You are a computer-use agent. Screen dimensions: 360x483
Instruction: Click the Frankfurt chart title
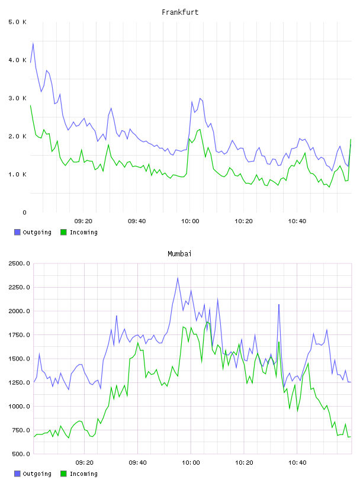coord(180,12)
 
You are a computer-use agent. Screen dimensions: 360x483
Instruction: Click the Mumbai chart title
coord(179,254)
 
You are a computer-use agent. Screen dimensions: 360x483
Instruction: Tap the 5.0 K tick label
coord(18,22)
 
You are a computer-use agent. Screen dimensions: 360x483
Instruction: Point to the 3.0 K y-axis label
coord(18,98)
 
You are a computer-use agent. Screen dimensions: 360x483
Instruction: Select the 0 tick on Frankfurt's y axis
coord(24,212)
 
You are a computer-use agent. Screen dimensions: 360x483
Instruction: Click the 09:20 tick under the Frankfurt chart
coord(83,221)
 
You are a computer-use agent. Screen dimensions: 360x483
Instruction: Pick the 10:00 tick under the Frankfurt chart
coord(190,221)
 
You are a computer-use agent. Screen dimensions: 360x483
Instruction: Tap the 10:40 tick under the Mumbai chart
coord(297,463)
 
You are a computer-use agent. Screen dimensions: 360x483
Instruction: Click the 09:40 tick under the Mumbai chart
coord(137,463)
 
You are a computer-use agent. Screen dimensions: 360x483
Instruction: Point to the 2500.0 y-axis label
coord(19,263)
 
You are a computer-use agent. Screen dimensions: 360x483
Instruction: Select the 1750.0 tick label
coord(19,335)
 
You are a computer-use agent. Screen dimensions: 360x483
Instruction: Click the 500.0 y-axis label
coord(21,454)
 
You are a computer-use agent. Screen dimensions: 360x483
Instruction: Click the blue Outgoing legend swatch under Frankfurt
coord(17,232)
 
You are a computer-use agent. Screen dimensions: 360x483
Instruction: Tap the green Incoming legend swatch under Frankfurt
coord(63,232)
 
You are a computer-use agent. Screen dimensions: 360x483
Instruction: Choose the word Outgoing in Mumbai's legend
coord(37,474)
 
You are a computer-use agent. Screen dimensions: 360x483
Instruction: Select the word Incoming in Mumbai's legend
coord(83,474)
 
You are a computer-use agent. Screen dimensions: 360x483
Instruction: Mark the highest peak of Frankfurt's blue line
coord(33,43)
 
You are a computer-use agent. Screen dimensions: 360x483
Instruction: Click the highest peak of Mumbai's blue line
coord(178,278)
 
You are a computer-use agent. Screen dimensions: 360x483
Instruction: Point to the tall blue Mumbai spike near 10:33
coord(279,305)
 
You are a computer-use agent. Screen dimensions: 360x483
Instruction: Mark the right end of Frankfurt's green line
coord(351,140)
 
